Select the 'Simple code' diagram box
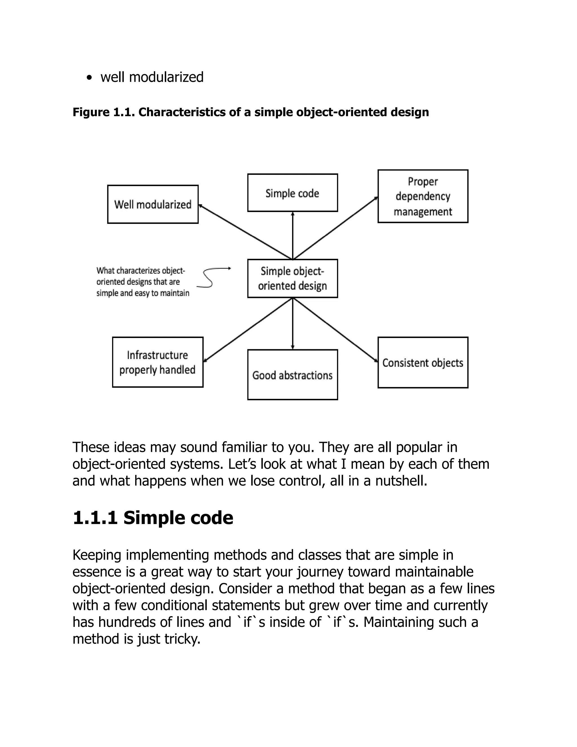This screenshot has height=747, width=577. click(x=292, y=193)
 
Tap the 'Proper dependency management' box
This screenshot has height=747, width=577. click(x=423, y=196)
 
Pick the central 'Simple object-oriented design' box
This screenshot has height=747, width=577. click(x=292, y=279)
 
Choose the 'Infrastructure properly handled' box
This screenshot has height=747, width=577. click(x=157, y=362)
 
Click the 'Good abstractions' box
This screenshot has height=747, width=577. click(x=292, y=375)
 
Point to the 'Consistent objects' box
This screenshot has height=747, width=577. click(x=423, y=363)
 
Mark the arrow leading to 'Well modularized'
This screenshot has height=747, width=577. click(x=244, y=231)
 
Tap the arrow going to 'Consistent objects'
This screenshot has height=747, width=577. click(x=335, y=329)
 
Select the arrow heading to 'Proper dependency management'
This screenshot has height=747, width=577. click(x=335, y=228)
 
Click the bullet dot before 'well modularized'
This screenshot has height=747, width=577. click(x=90, y=78)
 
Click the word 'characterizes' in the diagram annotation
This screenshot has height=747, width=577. click(x=138, y=271)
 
